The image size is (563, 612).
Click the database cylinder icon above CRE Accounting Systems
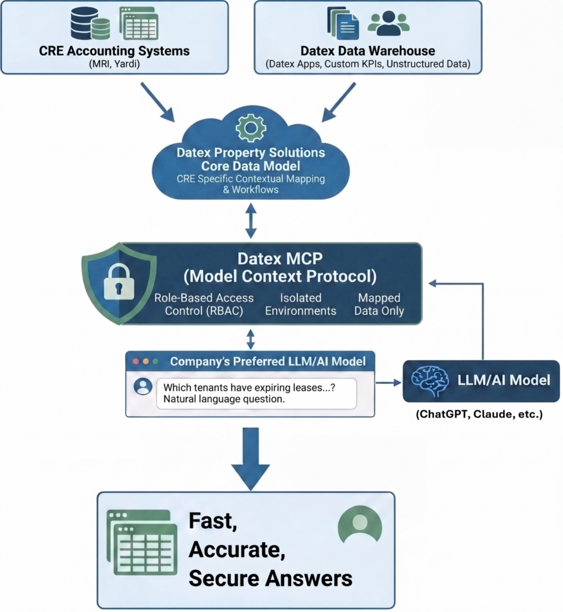pos(90,24)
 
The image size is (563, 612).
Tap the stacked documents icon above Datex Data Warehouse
pos(343,23)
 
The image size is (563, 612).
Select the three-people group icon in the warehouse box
pos(388,23)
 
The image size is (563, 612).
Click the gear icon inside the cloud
pos(251,127)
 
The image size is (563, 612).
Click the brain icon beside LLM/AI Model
pos(430,381)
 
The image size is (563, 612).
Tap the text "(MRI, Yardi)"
pos(114,63)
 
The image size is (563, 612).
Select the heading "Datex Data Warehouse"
pos(367,51)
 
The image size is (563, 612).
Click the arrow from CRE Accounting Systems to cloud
pos(157,102)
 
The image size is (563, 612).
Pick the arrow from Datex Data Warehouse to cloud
pos(339,102)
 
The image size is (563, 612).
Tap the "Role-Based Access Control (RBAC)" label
pos(204,304)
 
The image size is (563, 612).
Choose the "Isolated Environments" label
pos(300,304)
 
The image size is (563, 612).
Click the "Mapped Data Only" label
pos(379,304)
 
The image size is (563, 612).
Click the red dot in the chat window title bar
pos(136,362)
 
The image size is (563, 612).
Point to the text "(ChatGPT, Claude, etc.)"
pos(479,414)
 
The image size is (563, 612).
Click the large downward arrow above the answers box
pos(251,459)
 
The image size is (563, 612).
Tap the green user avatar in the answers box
pos(360,524)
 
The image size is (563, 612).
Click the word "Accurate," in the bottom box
pos(237,550)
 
